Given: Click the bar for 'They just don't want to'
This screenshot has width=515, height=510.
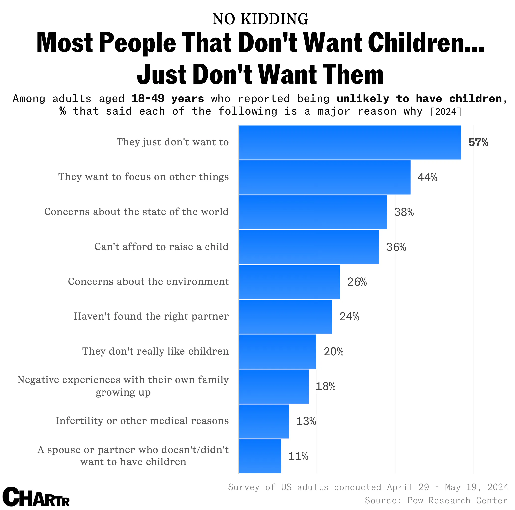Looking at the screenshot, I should click(x=350, y=142).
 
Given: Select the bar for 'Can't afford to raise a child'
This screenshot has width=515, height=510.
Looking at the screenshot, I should click(x=309, y=247).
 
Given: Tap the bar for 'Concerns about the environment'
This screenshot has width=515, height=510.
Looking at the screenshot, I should click(x=289, y=282).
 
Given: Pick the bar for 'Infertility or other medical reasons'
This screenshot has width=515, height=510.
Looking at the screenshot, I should click(x=264, y=421).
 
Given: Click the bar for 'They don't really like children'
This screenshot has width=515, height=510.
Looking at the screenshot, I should click(x=277, y=351).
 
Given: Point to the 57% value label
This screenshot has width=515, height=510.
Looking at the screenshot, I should click(x=478, y=143).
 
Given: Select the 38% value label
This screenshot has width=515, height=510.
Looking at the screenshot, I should click(x=404, y=212).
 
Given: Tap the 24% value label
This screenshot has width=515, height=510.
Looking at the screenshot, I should click(x=349, y=317).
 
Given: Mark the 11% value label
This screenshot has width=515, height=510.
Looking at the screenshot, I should click(x=298, y=456).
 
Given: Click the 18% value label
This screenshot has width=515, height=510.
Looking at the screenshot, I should click(x=325, y=386).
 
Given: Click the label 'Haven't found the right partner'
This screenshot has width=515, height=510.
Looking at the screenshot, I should click(x=151, y=316).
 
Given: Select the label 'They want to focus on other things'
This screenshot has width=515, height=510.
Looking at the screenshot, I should click(x=143, y=177).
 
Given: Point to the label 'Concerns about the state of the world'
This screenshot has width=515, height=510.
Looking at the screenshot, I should click(x=136, y=212).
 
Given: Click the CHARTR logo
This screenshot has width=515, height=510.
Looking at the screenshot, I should click(x=36, y=496).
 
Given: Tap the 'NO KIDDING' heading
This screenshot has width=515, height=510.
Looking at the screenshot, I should click(x=260, y=19).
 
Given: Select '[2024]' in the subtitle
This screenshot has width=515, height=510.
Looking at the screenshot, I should click(x=445, y=111).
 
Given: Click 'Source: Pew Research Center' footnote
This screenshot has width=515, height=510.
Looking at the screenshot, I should click(x=436, y=500).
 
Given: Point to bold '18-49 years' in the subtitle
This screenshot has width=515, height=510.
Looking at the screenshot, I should click(x=167, y=99).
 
